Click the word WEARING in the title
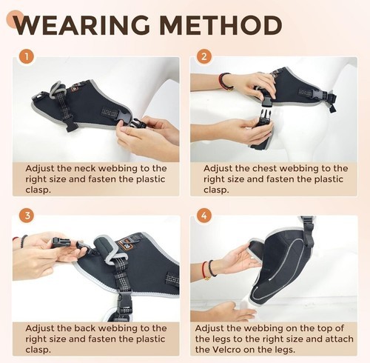click(x=81, y=25)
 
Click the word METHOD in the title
click(x=221, y=25)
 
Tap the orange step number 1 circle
click(x=27, y=57)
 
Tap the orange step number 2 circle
click(x=203, y=57)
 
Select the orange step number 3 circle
click(x=27, y=216)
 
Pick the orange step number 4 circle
click(x=203, y=216)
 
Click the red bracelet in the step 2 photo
click(x=221, y=81)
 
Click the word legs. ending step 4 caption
click(x=284, y=350)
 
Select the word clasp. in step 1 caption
click(x=38, y=190)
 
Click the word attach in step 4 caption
click(x=340, y=339)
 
